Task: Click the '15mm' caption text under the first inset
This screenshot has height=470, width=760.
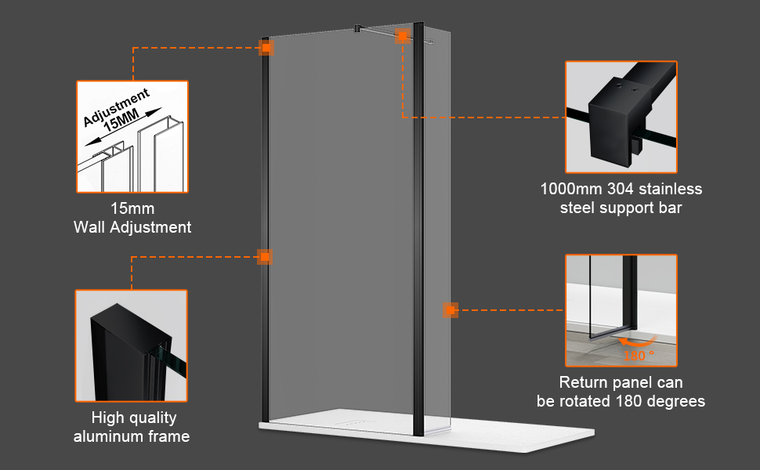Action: [x=132, y=209]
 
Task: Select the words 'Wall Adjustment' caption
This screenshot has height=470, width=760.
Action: [x=132, y=228]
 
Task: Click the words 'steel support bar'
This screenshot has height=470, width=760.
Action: [x=621, y=208]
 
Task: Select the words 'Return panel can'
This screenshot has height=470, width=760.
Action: [x=621, y=383]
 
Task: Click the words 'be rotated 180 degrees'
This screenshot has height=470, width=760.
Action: [x=621, y=401]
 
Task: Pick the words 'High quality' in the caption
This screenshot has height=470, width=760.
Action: [x=134, y=418]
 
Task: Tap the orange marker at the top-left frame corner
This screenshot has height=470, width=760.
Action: [x=266, y=49]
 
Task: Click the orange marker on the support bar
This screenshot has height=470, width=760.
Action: [x=402, y=37]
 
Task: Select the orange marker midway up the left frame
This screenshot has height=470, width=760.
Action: [x=266, y=257]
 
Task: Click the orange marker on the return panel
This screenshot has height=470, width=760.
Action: [x=450, y=310]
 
